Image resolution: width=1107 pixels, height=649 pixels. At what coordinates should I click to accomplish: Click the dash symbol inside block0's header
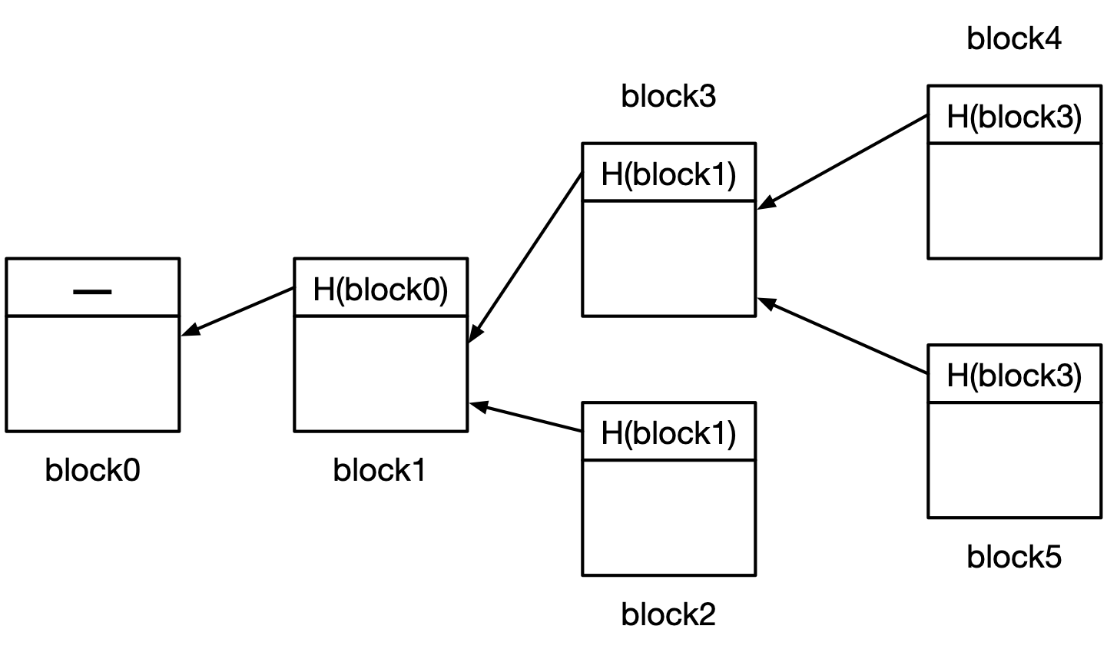[x=92, y=291]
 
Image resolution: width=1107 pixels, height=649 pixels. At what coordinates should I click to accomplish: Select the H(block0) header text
[x=380, y=290]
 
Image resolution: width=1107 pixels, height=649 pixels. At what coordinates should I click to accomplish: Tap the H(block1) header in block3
[x=668, y=174]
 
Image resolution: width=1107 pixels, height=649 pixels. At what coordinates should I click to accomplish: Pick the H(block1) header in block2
[x=668, y=433]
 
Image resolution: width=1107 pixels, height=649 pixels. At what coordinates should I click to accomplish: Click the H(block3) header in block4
[x=1014, y=117]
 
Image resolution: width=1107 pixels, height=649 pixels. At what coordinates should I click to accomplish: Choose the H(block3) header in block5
[x=1014, y=376]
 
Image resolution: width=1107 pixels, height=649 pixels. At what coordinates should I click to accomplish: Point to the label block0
[x=92, y=470]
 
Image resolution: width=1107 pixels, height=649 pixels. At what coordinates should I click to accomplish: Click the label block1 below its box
[x=379, y=470]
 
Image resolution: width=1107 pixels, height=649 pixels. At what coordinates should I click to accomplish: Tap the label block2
[x=668, y=614]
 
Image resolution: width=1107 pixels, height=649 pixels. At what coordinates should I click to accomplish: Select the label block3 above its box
[x=668, y=97]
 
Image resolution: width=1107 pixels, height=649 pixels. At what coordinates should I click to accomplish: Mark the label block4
[x=1014, y=38]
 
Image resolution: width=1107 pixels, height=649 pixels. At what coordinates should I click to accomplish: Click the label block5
[x=1014, y=557]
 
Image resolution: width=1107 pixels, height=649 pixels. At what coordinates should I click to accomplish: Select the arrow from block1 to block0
[x=237, y=311]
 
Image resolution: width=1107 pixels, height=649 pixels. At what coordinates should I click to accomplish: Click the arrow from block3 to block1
[x=525, y=257]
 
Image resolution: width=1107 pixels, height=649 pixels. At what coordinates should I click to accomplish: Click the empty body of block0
[x=92, y=373]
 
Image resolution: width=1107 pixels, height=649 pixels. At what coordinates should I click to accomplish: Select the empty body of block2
[x=668, y=518]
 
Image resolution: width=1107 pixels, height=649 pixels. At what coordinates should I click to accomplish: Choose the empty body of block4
[x=1014, y=200]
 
